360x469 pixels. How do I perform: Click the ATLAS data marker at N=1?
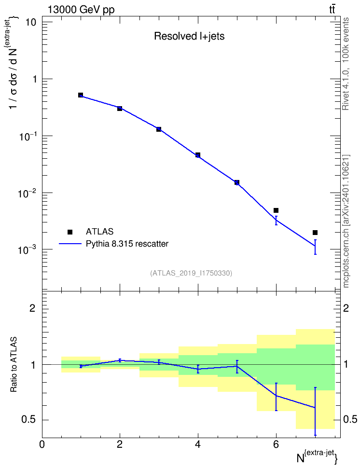tap(81, 95)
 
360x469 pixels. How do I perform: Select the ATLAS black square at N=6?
tap(276, 210)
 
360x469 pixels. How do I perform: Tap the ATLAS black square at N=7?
tap(315, 233)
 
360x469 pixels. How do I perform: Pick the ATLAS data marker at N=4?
tap(198, 155)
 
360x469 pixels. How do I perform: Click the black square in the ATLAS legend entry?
tap(70, 232)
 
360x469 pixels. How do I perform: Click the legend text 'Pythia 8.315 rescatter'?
tap(127, 244)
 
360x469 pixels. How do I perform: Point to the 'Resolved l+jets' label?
tap(189, 36)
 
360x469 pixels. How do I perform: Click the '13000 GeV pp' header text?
tap(81, 10)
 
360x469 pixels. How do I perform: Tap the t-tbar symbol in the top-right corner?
tap(332, 10)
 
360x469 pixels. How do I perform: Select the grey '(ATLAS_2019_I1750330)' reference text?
tap(191, 273)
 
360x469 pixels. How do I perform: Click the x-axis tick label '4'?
tap(198, 444)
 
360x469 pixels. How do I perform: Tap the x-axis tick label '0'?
tap(42, 444)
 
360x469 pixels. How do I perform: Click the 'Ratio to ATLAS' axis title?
tap(14, 365)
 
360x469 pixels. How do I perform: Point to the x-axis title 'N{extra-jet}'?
tap(318, 457)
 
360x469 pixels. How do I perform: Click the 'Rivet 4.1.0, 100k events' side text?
tap(346, 64)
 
